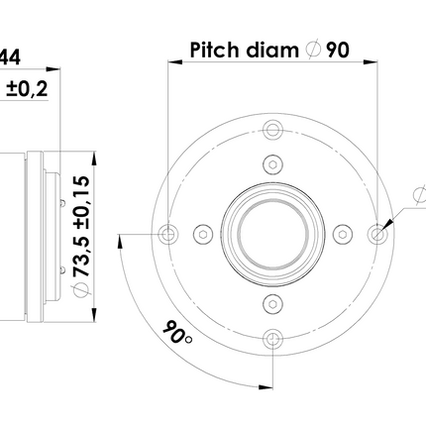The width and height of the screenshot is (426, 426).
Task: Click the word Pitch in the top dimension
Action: [214, 51]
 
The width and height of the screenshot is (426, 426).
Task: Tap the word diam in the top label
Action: [272, 51]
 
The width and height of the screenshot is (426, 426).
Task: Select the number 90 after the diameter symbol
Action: [338, 51]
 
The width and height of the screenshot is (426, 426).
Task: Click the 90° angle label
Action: [177, 332]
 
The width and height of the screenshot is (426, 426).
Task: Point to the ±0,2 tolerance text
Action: [27, 89]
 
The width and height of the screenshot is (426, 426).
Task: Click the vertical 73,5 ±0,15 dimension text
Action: [81, 226]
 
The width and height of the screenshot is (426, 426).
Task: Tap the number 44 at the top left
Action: [10, 56]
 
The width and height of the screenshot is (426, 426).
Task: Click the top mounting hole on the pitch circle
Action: [272, 130]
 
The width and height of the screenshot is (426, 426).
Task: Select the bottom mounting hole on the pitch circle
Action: [272, 339]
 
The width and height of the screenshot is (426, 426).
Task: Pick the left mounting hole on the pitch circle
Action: [168, 234]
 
